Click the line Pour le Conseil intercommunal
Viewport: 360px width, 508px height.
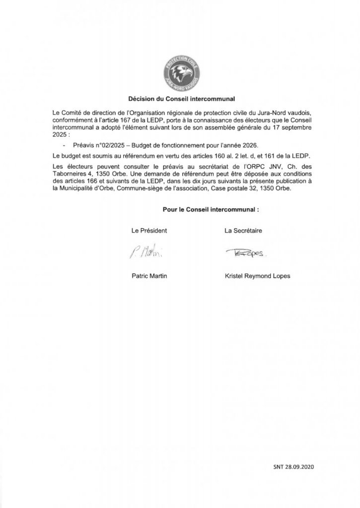point(211,210)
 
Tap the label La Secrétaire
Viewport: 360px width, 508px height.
point(243,231)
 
